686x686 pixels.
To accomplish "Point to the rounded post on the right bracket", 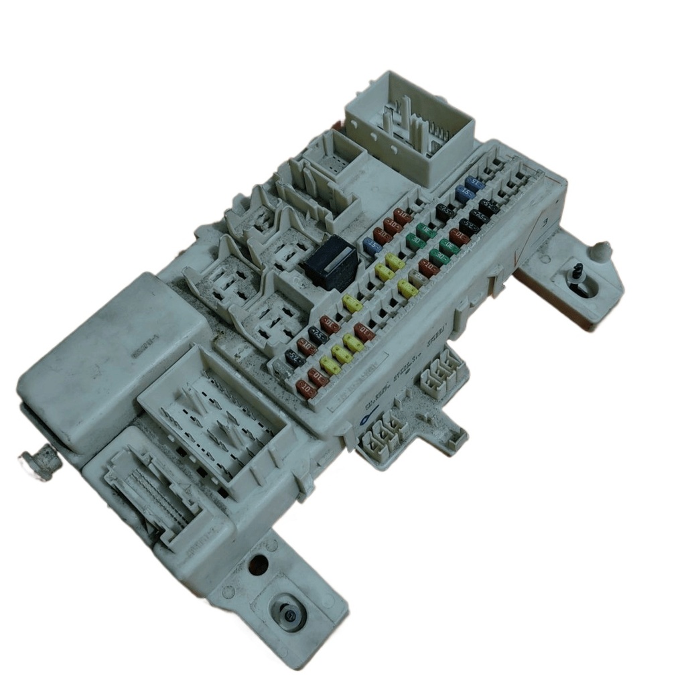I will (601, 251).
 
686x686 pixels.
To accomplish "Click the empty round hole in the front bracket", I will (258, 564).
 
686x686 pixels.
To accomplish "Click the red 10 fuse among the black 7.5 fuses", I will (459, 236).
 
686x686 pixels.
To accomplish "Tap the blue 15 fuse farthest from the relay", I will (475, 184).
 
